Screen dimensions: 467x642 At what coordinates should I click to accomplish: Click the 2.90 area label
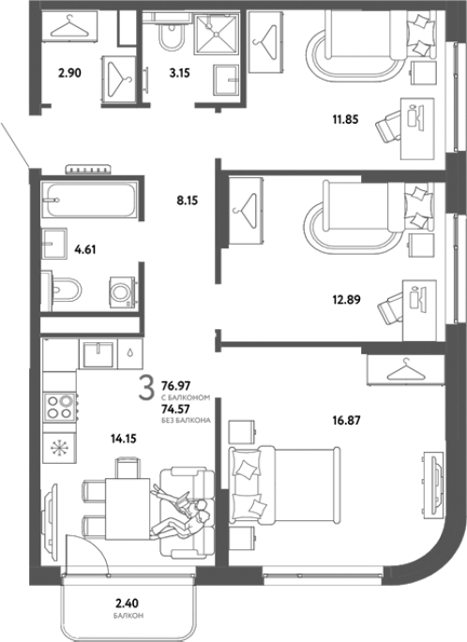tap(69, 73)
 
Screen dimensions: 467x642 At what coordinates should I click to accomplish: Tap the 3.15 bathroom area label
tap(179, 73)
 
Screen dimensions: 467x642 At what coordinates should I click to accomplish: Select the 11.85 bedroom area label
tap(345, 120)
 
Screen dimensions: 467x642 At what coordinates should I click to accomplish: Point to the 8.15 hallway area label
tap(188, 201)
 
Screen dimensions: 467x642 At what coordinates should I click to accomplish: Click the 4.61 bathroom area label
tap(84, 249)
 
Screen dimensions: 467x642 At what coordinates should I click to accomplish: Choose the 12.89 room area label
tap(347, 300)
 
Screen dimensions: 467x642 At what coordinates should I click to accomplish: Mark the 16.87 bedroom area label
tap(347, 420)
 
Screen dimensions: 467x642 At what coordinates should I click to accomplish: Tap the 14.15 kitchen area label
tap(123, 439)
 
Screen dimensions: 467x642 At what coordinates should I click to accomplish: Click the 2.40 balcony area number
tap(127, 603)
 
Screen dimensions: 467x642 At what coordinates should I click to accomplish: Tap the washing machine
tap(122, 291)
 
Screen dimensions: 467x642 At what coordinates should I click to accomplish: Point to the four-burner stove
tap(60, 407)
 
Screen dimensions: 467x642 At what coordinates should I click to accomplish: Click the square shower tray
tap(216, 34)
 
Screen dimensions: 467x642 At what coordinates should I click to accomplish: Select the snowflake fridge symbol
tap(59, 448)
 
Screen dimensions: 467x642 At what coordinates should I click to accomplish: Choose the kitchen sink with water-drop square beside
tap(98, 353)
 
